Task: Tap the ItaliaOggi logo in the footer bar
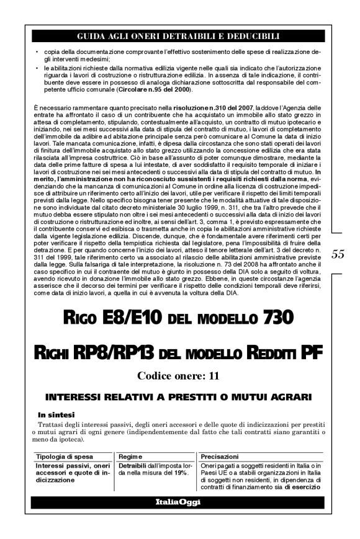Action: [x=178, y=502]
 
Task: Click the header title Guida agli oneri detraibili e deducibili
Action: [x=178, y=37]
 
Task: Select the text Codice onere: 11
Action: [x=178, y=375]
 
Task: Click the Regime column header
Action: [x=132, y=457]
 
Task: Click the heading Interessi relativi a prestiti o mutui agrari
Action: [x=178, y=396]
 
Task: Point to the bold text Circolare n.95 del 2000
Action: [x=151, y=91]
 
